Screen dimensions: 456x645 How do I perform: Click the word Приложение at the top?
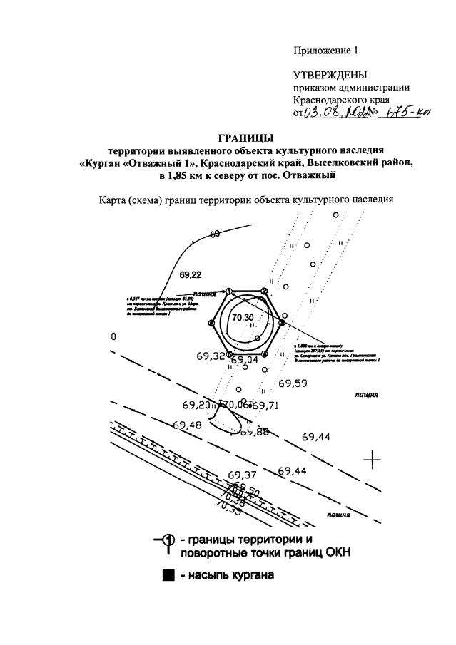pyautogui.click(x=319, y=51)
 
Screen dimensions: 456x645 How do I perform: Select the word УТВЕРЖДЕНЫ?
pyautogui.click(x=330, y=75)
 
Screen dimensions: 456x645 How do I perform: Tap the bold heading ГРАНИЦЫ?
pyautogui.click(x=245, y=138)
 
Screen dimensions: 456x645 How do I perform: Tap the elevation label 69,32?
pyautogui.click(x=210, y=355)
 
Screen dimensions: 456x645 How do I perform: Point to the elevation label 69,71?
pyautogui.click(x=265, y=406)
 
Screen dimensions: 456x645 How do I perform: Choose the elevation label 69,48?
pyautogui.click(x=188, y=425)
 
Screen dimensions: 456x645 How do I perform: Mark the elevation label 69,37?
pyautogui.click(x=243, y=475)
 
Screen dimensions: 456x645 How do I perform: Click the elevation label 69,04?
pyautogui.click(x=243, y=361)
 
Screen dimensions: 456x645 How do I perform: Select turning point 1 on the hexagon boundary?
pyautogui.click(x=230, y=291)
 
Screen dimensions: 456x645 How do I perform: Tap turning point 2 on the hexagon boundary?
pyautogui.click(x=263, y=291)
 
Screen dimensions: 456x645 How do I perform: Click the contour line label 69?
pyautogui.click(x=214, y=234)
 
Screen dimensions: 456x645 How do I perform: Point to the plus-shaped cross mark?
pyautogui.click(x=372, y=460)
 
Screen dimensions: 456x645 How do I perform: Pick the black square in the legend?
pyautogui.click(x=168, y=575)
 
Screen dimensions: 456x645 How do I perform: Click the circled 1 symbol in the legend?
pyautogui.click(x=168, y=540)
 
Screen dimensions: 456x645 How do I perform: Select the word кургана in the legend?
pyautogui.click(x=250, y=575)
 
